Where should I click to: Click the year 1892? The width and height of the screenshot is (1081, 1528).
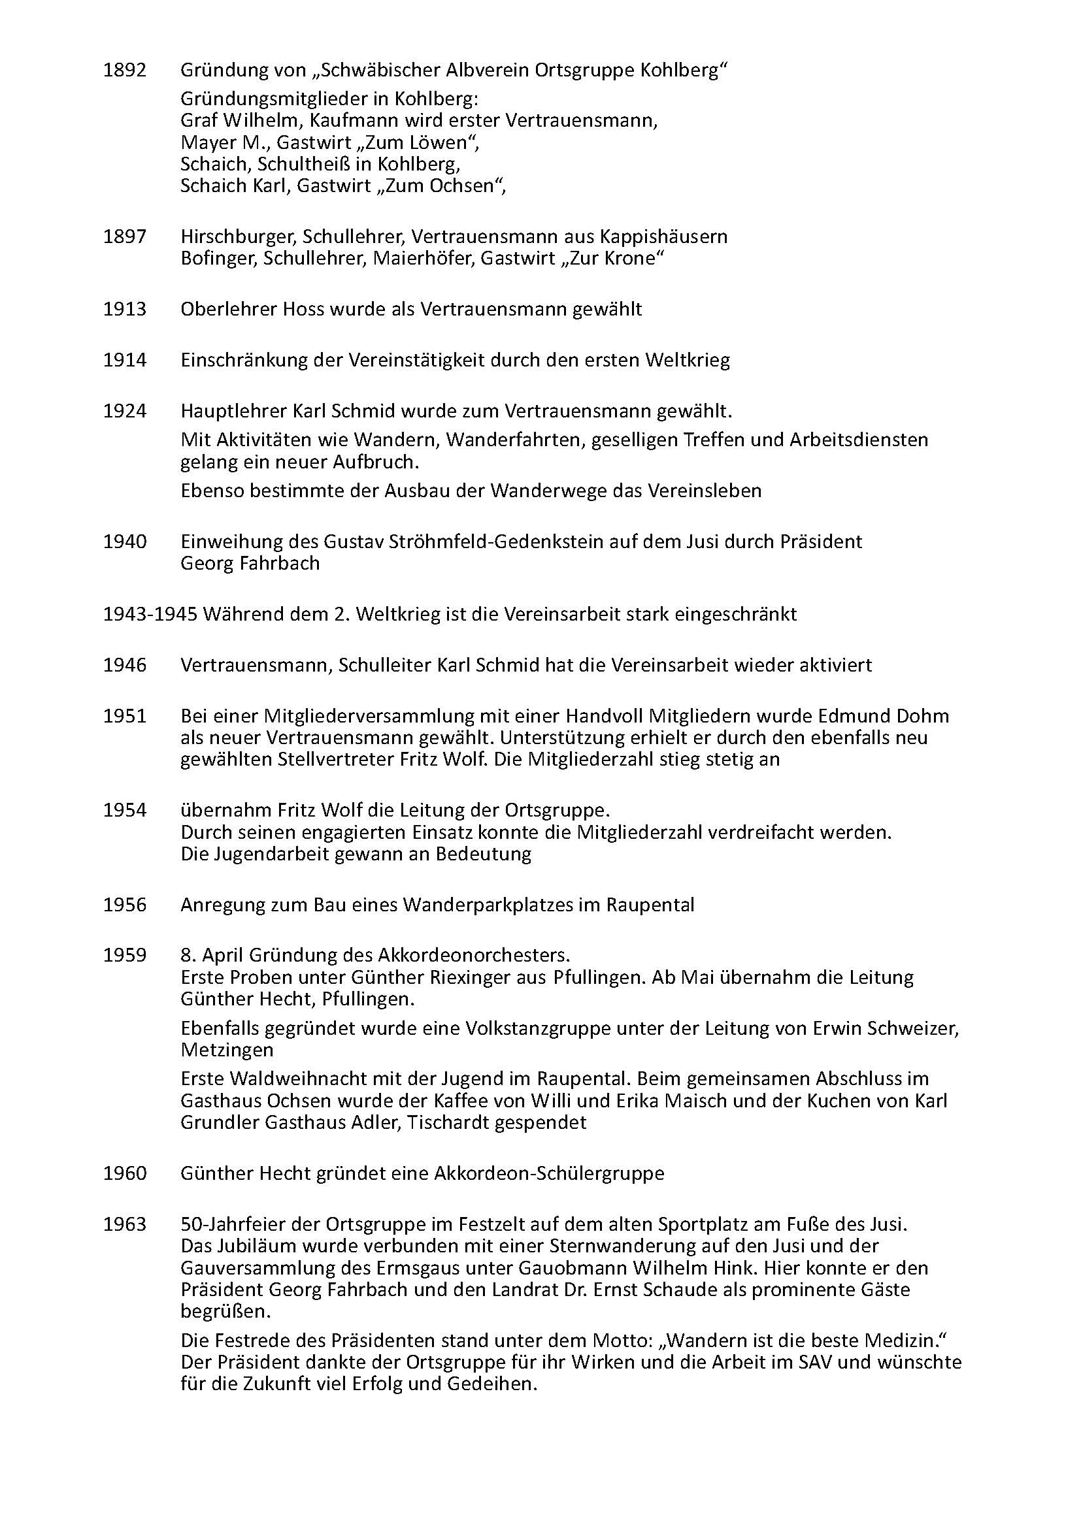point(124,70)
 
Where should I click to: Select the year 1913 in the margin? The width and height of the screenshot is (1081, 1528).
point(124,310)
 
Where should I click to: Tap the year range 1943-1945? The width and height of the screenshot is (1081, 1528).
point(150,613)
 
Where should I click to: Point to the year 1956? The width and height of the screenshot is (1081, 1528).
point(124,905)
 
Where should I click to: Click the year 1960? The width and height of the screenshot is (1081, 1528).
point(124,1173)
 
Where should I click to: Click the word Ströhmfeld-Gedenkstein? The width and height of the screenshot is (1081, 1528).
point(444,542)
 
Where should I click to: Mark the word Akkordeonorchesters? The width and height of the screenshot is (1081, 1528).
point(473,956)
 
